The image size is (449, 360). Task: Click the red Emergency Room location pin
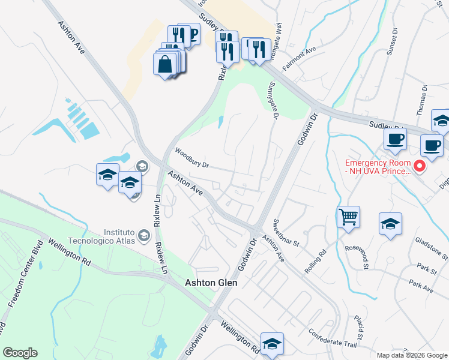point(420,166)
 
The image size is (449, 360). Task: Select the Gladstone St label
point(431,247)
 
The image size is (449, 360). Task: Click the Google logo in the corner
point(20,353)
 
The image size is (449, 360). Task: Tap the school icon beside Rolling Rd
point(390,224)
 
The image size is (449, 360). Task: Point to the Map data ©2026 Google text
point(412,355)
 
